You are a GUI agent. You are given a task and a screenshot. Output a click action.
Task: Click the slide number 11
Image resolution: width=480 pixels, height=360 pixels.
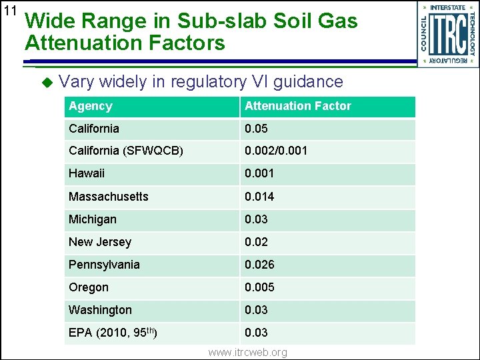(9, 11)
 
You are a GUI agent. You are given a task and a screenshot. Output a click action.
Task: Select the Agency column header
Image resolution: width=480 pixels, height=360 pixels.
(91, 106)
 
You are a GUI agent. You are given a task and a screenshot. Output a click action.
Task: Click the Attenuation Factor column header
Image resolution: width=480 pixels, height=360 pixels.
(297, 106)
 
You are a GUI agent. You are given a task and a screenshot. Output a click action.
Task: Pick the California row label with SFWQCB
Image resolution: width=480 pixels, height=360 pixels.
(125, 151)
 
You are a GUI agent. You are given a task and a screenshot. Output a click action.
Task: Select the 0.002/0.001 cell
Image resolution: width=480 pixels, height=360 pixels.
(276, 151)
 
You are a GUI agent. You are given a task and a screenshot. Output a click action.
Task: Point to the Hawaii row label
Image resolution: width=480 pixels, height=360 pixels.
(87, 173)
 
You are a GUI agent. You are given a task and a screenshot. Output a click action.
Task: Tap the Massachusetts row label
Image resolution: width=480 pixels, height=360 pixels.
(108, 196)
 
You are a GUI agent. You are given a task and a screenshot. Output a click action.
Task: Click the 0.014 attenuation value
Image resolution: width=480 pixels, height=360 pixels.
(259, 196)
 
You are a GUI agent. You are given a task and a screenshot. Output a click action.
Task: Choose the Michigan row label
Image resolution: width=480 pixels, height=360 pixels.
(92, 219)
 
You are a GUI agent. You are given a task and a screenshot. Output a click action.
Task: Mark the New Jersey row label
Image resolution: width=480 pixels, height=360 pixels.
(100, 241)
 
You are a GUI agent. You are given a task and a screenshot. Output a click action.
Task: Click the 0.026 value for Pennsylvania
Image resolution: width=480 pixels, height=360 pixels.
(259, 264)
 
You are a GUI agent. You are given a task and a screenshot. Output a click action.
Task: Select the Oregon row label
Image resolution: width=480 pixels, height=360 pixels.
(88, 287)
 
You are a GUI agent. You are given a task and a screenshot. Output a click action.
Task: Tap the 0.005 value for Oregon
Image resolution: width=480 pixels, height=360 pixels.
(259, 287)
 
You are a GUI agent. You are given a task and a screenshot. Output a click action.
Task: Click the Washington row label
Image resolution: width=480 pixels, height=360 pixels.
(100, 309)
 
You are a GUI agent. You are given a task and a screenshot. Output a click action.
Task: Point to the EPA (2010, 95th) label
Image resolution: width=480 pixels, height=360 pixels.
(113, 332)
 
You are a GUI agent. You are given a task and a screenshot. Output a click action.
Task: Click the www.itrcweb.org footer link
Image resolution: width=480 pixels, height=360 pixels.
(247, 352)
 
